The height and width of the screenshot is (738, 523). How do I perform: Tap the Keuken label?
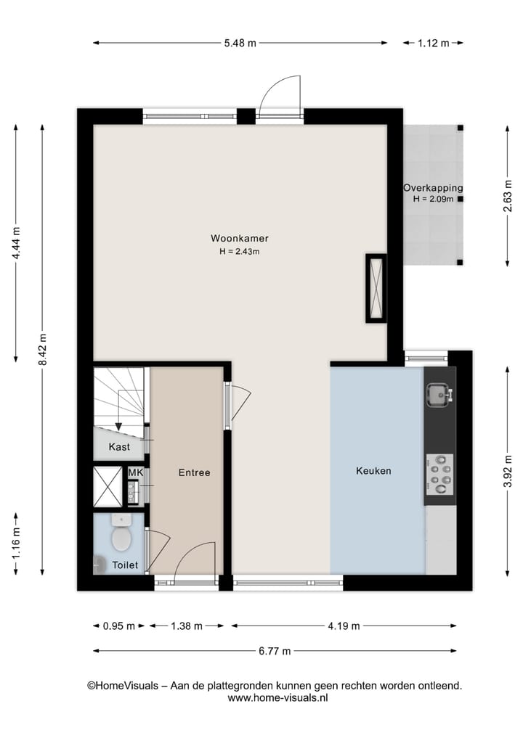[x=373, y=471]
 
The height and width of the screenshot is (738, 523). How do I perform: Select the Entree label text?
[x=194, y=472]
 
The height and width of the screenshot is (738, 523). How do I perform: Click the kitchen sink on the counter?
[x=438, y=394]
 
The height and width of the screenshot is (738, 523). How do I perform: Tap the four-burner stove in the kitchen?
[x=439, y=470]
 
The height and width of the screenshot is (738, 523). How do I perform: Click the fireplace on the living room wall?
[x=376, y=288]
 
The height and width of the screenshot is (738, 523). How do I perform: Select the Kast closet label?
[x=119, y=447]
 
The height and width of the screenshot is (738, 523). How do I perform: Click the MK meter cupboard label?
[x=135, y=472]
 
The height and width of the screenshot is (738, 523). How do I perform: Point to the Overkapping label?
[x=433, y=188]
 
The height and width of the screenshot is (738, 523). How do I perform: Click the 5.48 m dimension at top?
[x=240, y=43]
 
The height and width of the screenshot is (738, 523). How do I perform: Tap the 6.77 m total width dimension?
[x=275, y=651]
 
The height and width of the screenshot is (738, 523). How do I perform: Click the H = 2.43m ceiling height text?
[x=239, y=252]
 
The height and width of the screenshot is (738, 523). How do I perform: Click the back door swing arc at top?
[x=280, y=93]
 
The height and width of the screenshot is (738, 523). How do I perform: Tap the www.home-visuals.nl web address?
[x=278, y=697]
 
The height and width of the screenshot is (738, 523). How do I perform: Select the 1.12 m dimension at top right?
[x=433, y=43]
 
